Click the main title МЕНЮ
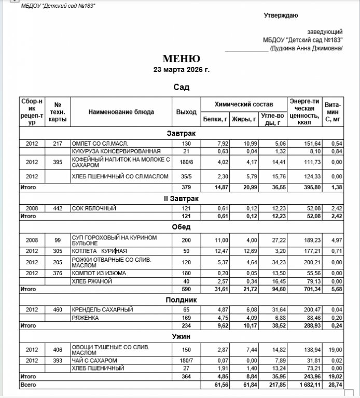(181, 59)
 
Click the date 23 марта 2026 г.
(181, 69)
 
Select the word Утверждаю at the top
(280, 16)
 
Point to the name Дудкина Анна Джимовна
(307, 48)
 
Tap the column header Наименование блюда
(121, 111)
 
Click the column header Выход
(186, 111)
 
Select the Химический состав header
(244, 104)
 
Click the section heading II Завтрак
(181, 198)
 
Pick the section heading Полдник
(181, 300)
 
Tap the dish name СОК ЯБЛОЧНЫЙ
(94, 208)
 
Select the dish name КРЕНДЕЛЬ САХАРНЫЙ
(103, 309)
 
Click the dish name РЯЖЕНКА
(86, 318)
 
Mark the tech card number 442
(58, 208)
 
